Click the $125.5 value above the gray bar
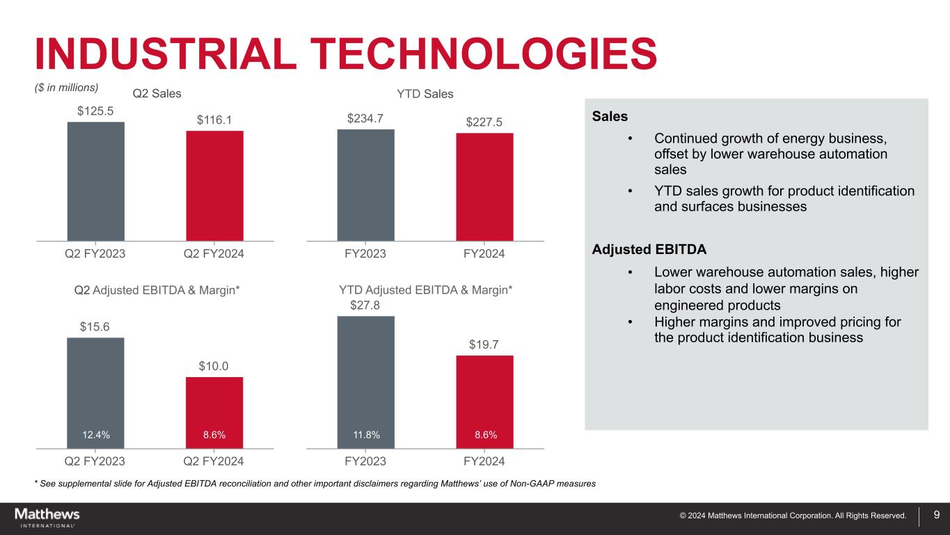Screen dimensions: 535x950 click(95, 110)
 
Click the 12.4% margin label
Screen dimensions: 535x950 click(95, 435)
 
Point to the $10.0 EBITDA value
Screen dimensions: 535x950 click(214, 366)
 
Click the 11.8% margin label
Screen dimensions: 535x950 click(365, 435)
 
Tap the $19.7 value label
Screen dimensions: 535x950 click(484, 344)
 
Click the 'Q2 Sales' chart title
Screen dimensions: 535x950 click(157, 93)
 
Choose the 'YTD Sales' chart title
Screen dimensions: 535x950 click(425, 93)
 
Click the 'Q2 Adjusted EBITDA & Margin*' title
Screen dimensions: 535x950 click(157, 289)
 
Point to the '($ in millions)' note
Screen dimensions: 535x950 click(66, 88)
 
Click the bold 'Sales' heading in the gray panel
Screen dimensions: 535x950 click(610, 116)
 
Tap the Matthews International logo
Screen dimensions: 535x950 click(47, 517)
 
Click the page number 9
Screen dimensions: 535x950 click(936, 516)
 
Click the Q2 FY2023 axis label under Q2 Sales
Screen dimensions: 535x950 click(95, 254)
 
